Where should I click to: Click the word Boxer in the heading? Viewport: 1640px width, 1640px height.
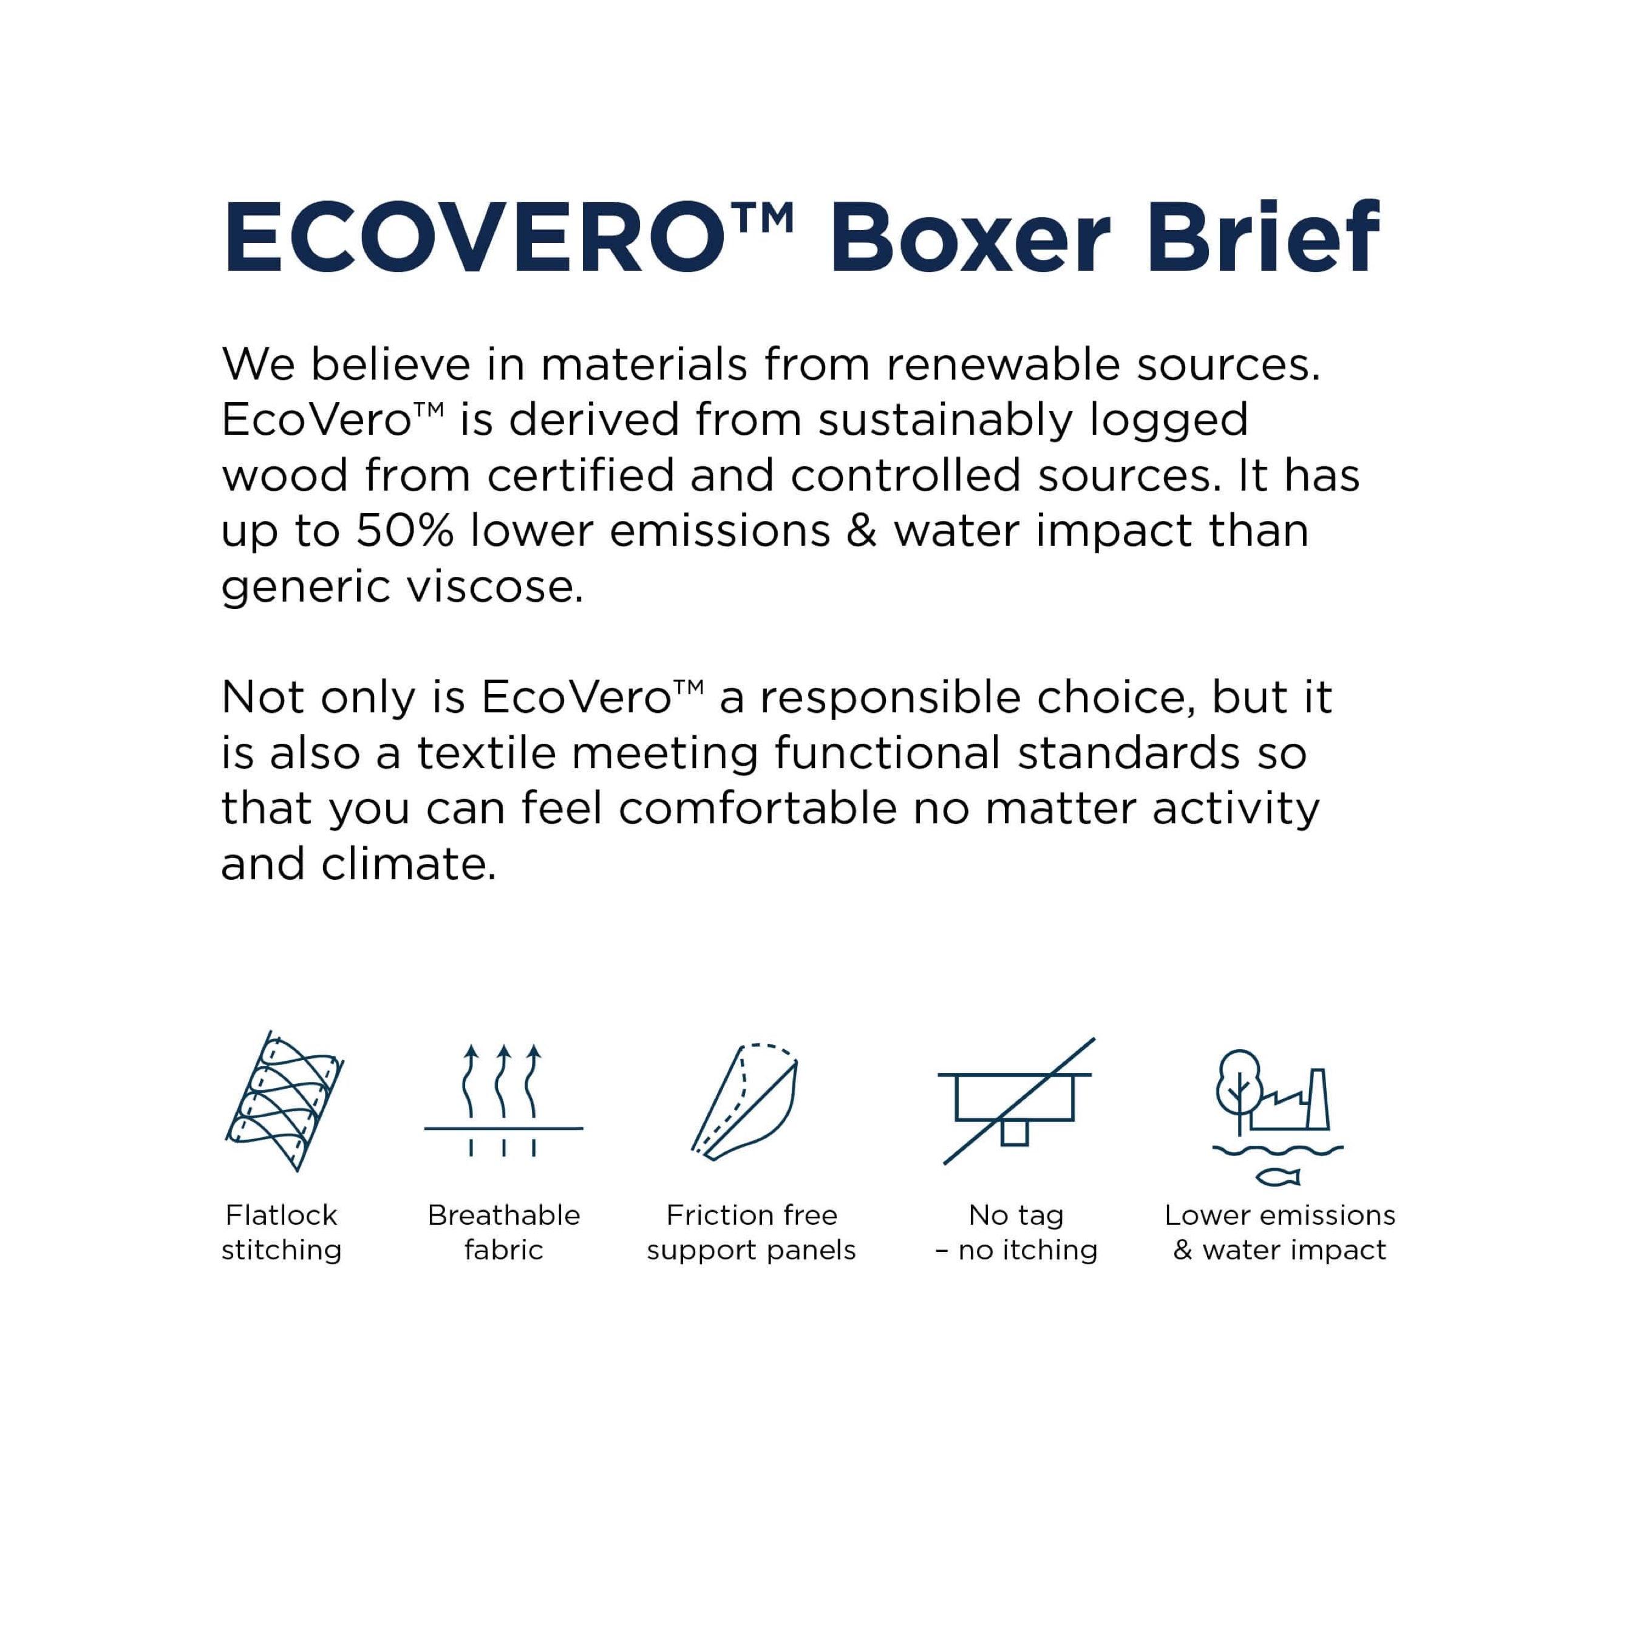point(971,239)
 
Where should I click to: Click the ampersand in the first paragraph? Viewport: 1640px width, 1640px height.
point(862,531)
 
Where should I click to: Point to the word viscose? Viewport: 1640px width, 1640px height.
point(494,587)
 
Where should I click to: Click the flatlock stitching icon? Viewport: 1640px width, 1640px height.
point(284,1100)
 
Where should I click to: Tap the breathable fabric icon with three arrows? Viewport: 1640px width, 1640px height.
point(503,1100)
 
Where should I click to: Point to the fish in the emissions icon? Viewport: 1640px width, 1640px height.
point(1278,1177)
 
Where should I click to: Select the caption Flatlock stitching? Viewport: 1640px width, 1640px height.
point(282,1233)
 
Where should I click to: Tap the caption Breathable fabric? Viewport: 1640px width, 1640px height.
point(503,1233)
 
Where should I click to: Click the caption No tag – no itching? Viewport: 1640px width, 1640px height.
point(1016,1233)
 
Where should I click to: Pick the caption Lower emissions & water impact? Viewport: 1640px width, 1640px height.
point(1279,1233)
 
